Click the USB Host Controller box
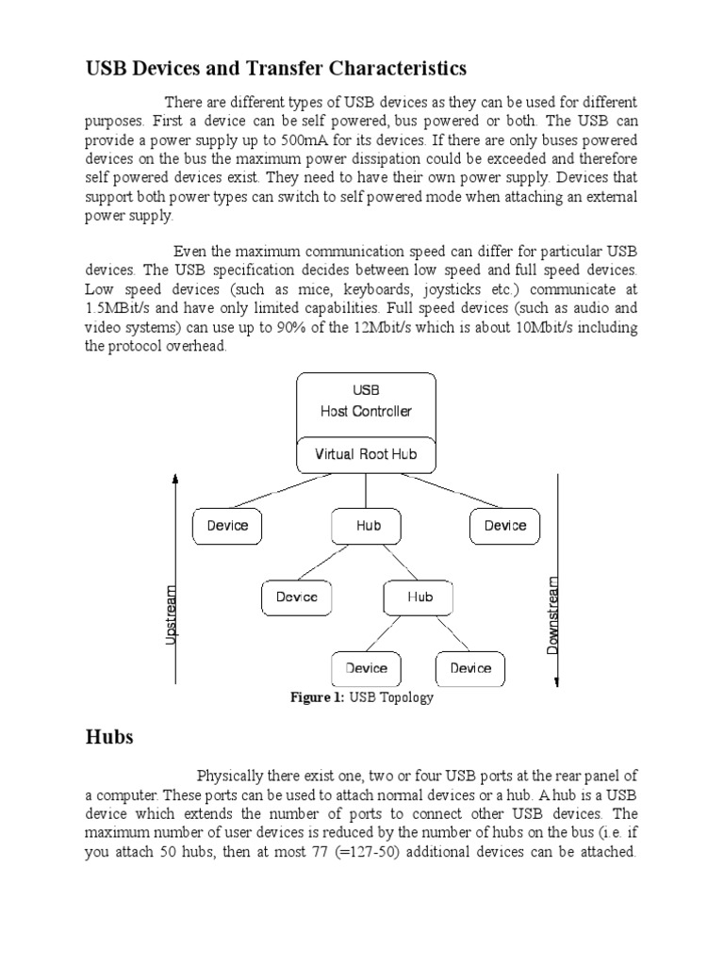tap(366, 401)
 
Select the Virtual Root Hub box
tap(366, 454)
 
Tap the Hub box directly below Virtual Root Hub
tap(367, 526)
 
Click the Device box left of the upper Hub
tap(227, 526)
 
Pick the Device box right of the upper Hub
tap(504, 526)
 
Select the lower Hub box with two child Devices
tap(419, 597)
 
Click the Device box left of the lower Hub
tap(296, 597)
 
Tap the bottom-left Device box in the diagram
tap(366, 668)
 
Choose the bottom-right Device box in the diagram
tap(470, 668)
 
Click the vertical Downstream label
tap(553, 614)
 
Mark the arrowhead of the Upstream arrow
tap(175, 480)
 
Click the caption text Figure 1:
tap(318, 698)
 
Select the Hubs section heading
tap(109, 737)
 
